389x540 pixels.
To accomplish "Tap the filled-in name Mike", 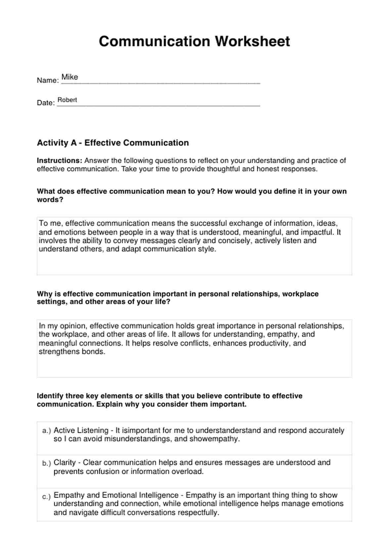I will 70,77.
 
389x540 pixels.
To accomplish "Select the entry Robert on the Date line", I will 67,100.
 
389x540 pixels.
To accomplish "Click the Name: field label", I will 48,81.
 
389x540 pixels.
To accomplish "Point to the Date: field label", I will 46,103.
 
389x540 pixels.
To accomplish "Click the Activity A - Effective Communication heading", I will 113,143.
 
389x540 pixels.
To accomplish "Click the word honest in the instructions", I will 266,169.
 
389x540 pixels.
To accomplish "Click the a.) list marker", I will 47,431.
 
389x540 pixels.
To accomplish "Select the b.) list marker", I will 47,463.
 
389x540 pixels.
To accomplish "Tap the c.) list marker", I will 47,496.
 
